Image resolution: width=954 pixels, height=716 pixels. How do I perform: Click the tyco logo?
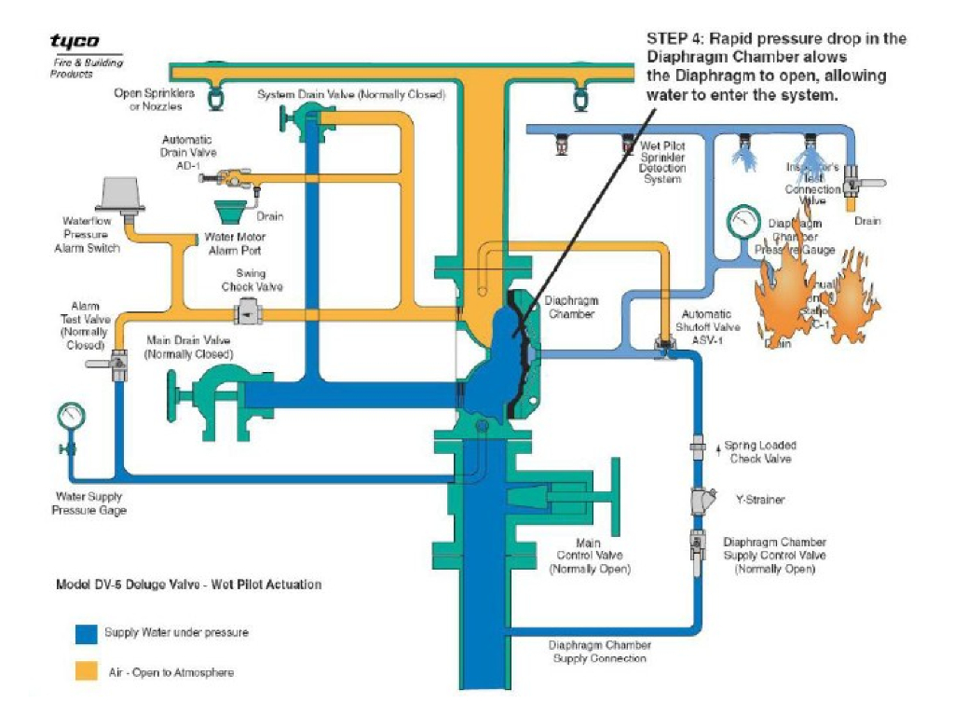coord(75,42)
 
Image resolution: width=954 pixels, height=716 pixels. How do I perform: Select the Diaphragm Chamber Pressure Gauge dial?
coord(742,222)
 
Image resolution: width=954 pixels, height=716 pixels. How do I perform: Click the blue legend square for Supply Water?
coord(86,634)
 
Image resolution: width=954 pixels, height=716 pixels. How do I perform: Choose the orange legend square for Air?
coord(86,671)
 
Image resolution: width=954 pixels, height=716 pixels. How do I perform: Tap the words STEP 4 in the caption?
coord(678,39)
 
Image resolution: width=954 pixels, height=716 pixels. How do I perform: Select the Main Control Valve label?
coord(588,556)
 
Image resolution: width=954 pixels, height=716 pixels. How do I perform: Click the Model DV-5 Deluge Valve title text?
coord(189,585)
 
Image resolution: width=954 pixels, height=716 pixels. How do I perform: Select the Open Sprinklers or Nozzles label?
coord(154,99)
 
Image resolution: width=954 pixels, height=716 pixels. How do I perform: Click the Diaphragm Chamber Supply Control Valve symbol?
coord(698,544)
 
